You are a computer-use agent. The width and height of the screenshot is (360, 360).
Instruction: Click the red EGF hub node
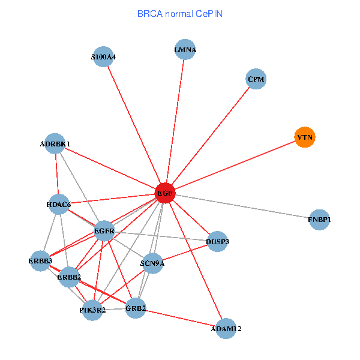point(164,193)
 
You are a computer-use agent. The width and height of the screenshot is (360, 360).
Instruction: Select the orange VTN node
point(305,137)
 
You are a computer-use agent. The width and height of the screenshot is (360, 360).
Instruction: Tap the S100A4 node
point(104,57)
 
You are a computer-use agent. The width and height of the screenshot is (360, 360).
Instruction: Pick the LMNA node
point(185,50)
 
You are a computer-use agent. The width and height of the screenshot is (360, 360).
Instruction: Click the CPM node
point(256,79)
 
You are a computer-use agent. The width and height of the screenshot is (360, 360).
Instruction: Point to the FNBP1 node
point(319,220)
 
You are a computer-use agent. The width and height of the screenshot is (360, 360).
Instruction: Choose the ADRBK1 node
point(55,144)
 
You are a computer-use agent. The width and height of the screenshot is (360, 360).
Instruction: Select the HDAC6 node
point(58,205)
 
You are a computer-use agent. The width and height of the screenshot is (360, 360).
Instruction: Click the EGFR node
point(104,230)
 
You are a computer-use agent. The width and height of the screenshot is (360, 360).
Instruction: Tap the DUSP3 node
point(217,241)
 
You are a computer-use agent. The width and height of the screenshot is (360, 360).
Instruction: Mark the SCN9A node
point(152,263)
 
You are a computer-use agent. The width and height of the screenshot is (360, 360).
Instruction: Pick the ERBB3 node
point(40,261)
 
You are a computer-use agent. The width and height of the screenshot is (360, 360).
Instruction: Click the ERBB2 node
point(69,277)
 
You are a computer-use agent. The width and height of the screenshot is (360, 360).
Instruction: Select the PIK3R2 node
point(92,310)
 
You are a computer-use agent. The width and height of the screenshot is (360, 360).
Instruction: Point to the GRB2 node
point(136,308)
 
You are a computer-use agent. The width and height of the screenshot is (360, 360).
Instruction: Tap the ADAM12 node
point(226,328)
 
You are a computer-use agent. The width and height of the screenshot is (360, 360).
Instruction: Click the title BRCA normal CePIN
point(180,13)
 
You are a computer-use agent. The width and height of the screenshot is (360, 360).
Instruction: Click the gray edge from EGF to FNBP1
point(246,207)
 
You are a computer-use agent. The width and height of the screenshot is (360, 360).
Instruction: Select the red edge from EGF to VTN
point(234,166)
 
